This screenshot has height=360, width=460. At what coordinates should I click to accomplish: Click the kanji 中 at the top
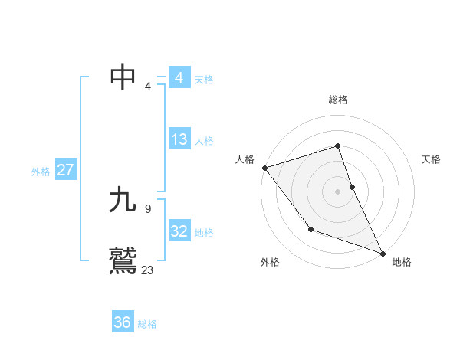click(x=123, y=77)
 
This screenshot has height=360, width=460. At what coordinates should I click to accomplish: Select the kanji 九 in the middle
click(x=123, y=201)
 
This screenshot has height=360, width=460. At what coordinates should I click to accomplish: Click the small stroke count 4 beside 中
click(x=148, y=87)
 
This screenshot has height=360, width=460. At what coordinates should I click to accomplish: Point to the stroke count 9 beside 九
click(x=148, y=208)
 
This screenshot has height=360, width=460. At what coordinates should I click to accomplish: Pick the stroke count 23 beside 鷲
click(x=148, y=270)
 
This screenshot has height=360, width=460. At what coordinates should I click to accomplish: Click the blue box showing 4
click(x=179, y=78)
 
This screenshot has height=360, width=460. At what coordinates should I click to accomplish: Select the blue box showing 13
click(x=179, y=139)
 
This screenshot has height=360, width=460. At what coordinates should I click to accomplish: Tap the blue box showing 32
click(x=179, y=231)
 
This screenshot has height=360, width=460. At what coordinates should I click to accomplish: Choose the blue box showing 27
click(x=65, y=170)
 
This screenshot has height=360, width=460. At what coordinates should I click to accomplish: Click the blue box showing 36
click(x=123, y=322)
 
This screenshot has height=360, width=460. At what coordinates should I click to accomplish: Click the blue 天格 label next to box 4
click(x=204, y=80)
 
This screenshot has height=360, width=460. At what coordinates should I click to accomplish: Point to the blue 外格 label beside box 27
click(x=41, y=172)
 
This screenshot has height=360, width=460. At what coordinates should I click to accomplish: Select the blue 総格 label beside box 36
click(x=147, y=324)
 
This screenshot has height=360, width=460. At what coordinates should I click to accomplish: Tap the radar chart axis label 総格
click(x=338, y=100)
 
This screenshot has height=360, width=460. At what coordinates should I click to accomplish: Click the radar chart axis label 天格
click(x=431, y=159)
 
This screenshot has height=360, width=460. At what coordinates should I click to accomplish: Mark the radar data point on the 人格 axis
click(x=264, y=168)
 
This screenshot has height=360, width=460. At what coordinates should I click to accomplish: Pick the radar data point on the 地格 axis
click(x=383, y=254)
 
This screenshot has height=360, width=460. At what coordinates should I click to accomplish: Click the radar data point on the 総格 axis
click(x=338, y=146)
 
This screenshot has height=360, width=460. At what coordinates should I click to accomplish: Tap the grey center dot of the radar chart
click(x=338, y=191)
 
